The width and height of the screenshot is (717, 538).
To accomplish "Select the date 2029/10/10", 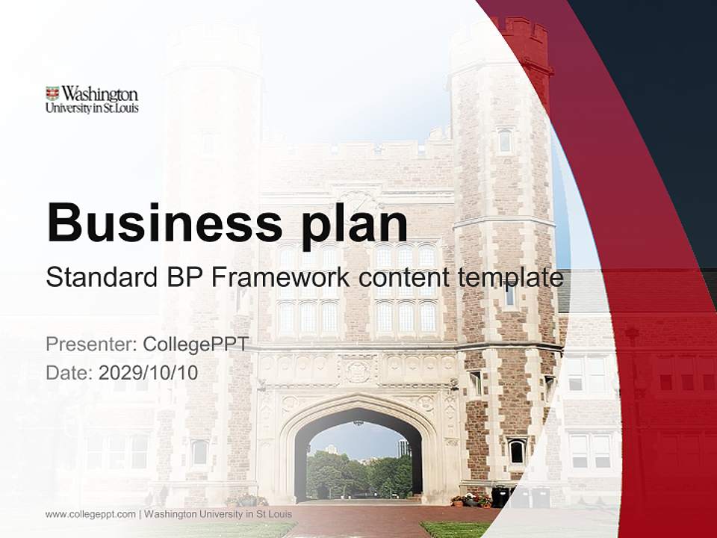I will tap(149, 372).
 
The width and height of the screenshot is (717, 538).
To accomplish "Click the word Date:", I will tap(69, 372).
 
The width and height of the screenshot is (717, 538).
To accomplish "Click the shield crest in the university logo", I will tap(52, 94).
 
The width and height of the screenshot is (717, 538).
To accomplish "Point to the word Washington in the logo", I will tap(99, 94).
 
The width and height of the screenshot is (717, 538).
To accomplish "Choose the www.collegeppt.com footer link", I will tap(90, 514).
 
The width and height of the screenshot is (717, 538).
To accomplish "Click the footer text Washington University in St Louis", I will tap(218, 514).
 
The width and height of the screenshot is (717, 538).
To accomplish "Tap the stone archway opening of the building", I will tap(358, 460).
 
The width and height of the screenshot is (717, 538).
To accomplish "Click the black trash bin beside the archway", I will tap(500, 497).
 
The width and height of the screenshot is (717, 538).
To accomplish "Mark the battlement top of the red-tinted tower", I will tap(528, 30).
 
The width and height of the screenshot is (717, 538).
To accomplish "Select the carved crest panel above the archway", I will tap(357, 368).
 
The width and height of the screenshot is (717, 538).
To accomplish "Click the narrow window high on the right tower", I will tap(505, 140).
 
